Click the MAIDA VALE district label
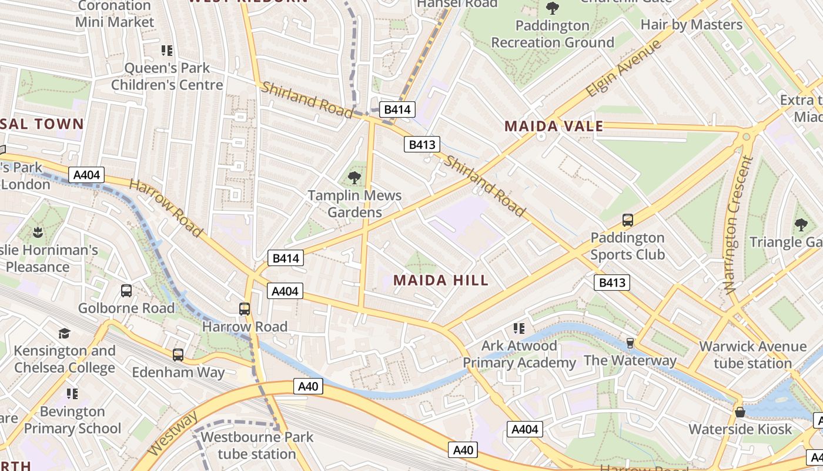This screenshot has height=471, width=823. [553, 126]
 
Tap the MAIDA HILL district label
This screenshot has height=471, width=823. [441, 280]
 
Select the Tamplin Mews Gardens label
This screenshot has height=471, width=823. [355, 204]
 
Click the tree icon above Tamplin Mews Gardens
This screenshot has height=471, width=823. [354, 177]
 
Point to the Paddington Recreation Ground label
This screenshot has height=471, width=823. [552, 34]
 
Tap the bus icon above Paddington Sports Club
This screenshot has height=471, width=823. [627, 220]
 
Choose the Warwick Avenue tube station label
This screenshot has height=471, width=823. [752, 355]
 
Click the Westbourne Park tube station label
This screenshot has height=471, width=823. [257, 446]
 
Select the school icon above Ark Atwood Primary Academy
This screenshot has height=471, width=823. [518, 328]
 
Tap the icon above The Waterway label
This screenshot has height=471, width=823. [630, 343]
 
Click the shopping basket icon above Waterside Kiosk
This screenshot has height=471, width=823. [740, 412]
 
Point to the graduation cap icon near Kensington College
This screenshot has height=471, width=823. [64, 334]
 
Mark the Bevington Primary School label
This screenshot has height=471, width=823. [72, 420]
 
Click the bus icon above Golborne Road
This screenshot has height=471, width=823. [126, 290]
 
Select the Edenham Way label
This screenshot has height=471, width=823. [178, 373]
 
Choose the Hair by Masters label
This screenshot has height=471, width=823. [691, 25]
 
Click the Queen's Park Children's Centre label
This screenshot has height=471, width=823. [168, 77]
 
